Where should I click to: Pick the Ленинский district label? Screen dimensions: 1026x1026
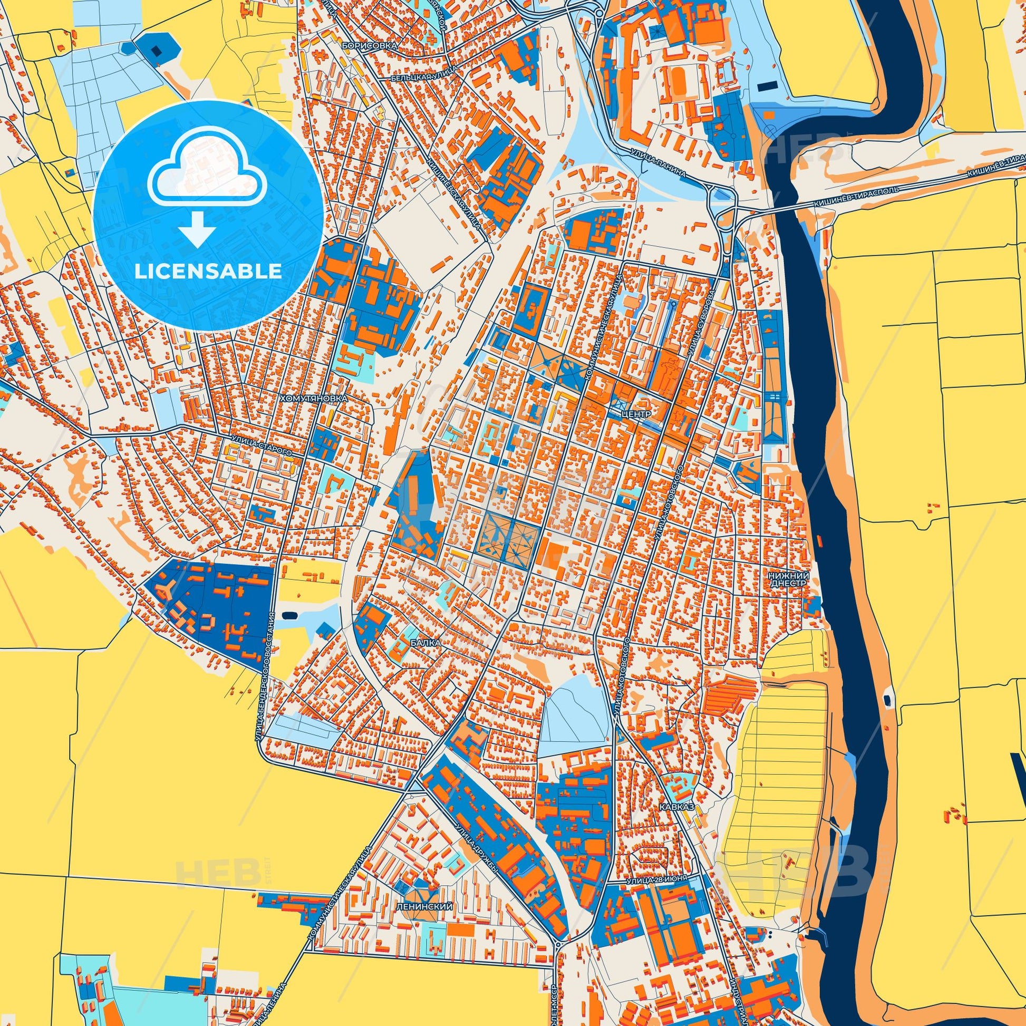pyautogui.click(x=424, y=907)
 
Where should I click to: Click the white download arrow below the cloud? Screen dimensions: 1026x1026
pyautogui.click(x=197, y=227)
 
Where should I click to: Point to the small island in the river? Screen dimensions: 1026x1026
pyautogui.click(x=887, y=701)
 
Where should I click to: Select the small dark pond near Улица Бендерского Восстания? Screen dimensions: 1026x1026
pyautogui.click(x=289, y=615)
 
